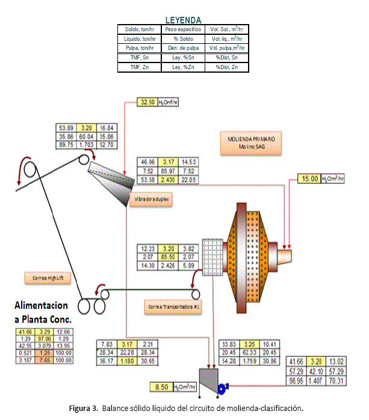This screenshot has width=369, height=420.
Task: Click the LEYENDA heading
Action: [184, 20]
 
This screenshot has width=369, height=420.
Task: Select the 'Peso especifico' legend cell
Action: [182, 29]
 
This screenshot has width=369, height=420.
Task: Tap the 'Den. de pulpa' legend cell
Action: [182, 48]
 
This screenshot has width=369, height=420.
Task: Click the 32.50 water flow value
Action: [146, 103]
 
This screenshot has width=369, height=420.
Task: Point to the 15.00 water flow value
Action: [311, 178]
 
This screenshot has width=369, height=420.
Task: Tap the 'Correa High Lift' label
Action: [45, 278]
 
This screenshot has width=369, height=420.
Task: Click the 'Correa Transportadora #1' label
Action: [172, 308]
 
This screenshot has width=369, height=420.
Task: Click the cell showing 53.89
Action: [65, 128]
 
